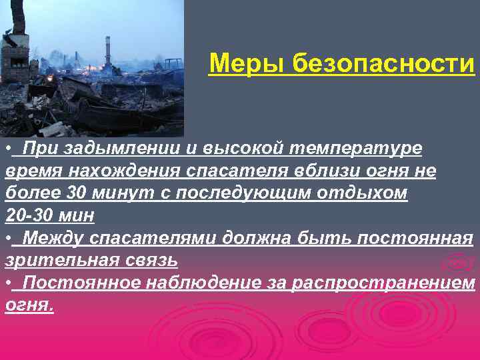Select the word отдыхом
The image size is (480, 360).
(369, 193)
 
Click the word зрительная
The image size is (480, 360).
(60, 260)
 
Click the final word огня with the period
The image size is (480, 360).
(29, 305)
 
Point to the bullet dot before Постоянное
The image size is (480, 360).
(8, 283)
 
